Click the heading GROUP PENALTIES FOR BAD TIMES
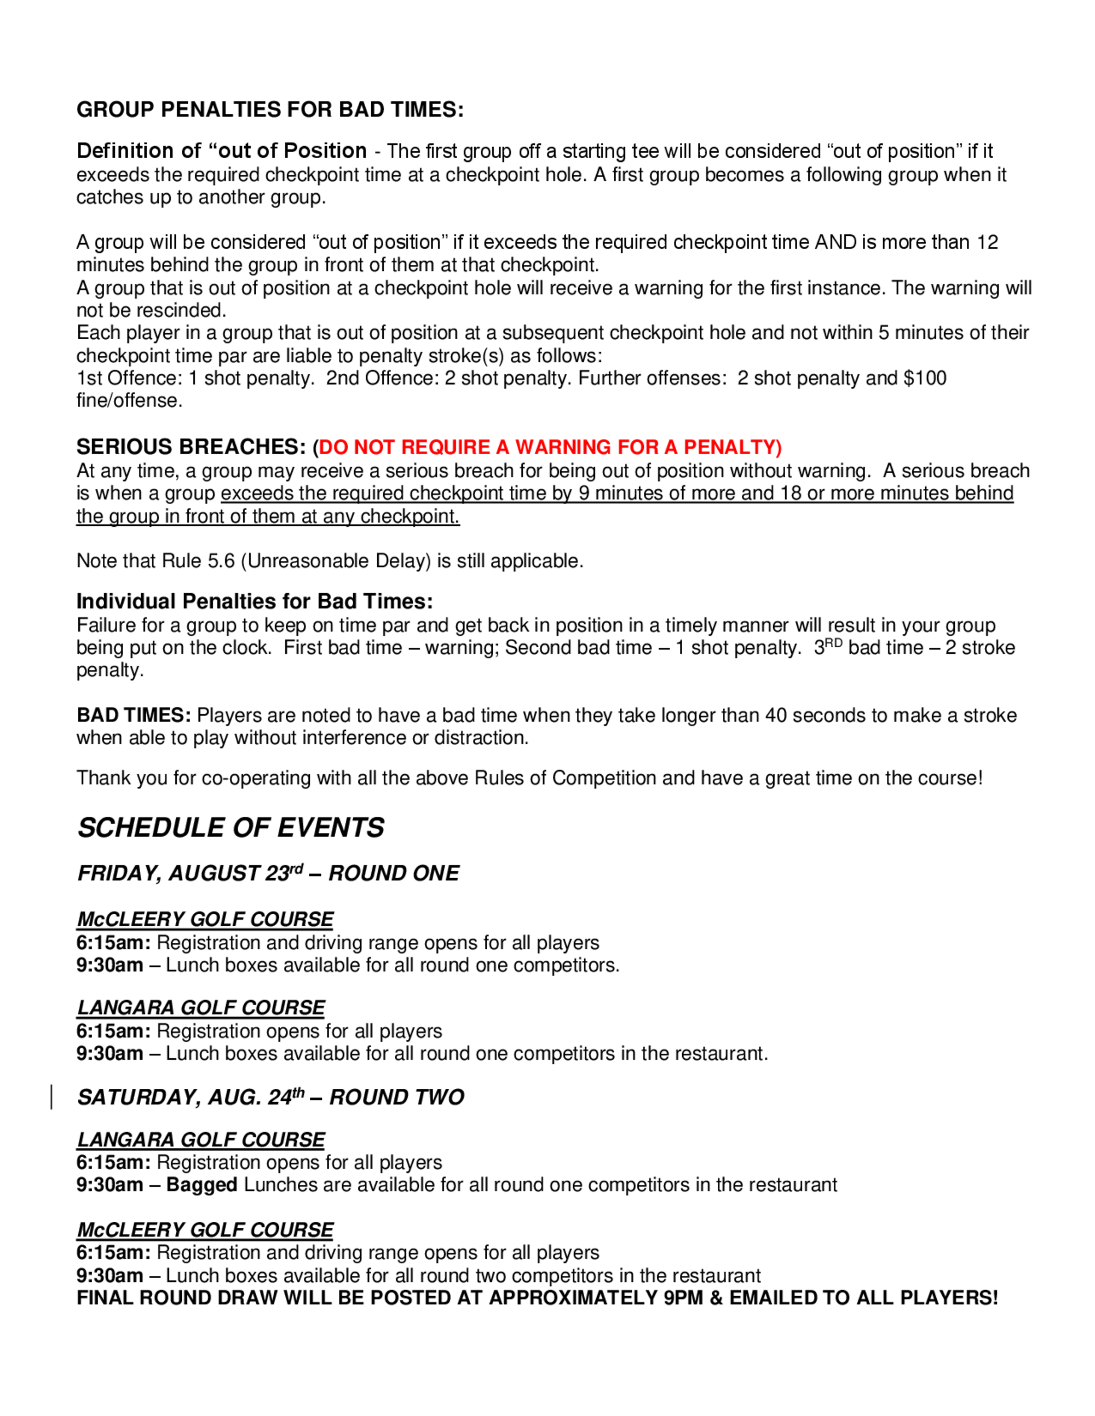[x=270, y=109]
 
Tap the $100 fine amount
[x=925, y=378]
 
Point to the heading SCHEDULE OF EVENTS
[x=231, y=828]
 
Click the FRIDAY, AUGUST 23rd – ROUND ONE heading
[x=268, y=873]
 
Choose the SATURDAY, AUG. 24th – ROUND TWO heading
[x=270, y=1097]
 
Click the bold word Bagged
[x=201, y=1185]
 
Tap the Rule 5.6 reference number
[x=221, y=561]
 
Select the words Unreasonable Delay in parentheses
[x=336, y=561]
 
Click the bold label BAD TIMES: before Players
[x=134, y=715]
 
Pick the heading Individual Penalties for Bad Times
[x=254, y=602]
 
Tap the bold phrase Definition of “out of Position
[x=222, y=151]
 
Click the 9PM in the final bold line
[x=684, y=1297]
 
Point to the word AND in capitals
[x=835, y=242]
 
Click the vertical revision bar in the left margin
[x=51, y=1097]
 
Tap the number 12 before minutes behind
[x=987, y=242]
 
